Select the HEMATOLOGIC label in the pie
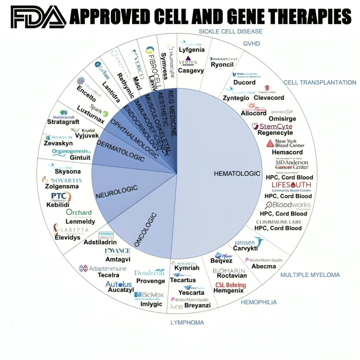click(x=237, y=173)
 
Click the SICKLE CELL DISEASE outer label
click(x=230, y=32)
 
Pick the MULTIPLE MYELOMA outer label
click(x=310, y=275)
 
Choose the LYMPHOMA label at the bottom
click(x=187, y=323)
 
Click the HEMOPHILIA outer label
click(x=259, y=302)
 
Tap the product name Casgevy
click(x=191, y=70)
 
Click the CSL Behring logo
click(x=230, y=285)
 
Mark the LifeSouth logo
click(x=291, y=185)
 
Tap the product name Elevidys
click(x=67, y=237)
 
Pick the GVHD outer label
click(x=252, y=43)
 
